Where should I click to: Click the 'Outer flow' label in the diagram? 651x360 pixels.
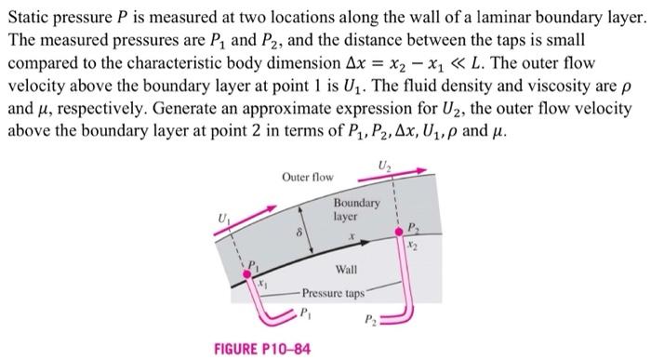point(307,176)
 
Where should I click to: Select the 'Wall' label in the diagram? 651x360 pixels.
point(346,269)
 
